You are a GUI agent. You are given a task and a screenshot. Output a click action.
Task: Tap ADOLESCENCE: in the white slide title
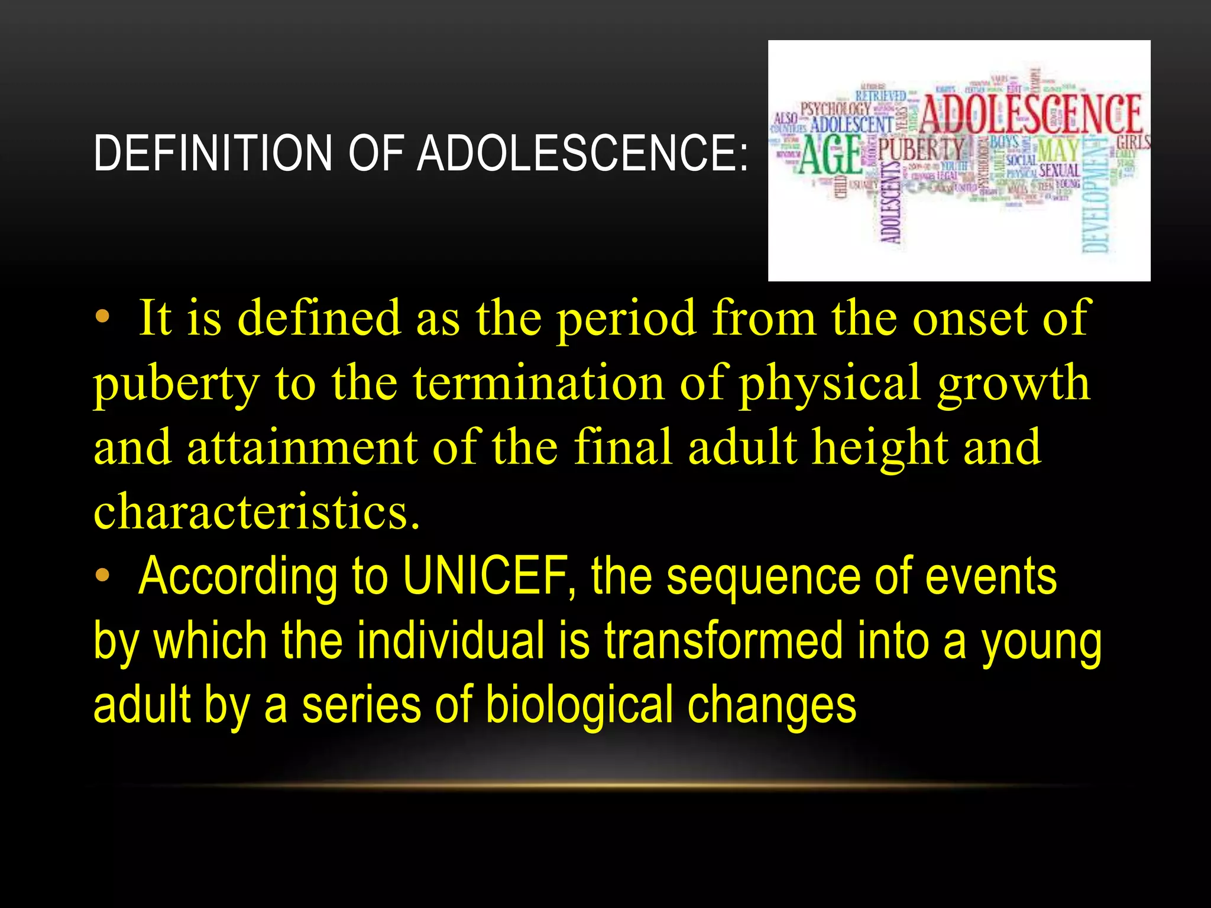pyautogui.click(x=582, y=153)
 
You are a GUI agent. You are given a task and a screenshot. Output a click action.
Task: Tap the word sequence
pyautogui.click(x=763, y=576)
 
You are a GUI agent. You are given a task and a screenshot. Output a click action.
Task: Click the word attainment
pyautogui.click(x=302, y=447)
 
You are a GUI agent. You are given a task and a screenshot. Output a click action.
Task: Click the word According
pyautogui.click(x=237, y=576)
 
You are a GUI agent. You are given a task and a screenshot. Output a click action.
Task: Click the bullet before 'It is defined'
pyautogui.click(x=103, y=317)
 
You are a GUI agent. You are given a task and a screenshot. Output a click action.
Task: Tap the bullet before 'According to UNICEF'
pyautogui.click(x=103, y=575)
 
